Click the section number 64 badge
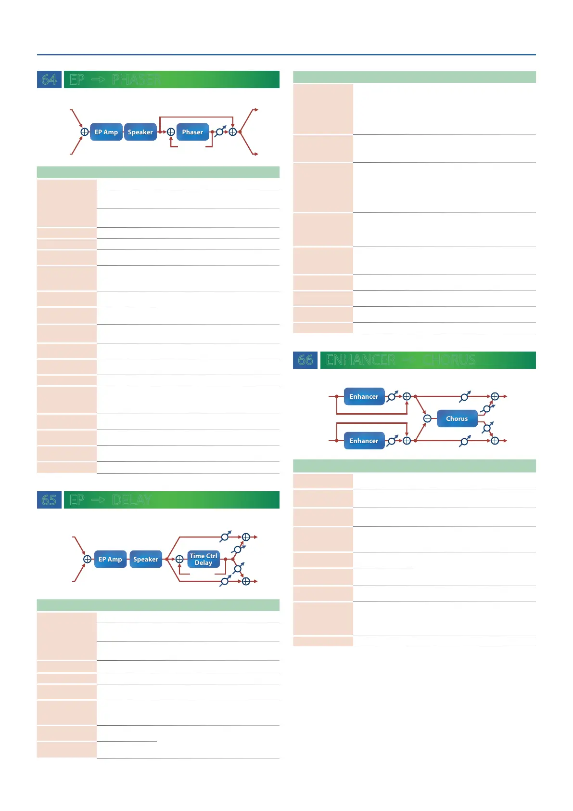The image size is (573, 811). coord(49,79)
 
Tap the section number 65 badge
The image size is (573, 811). coord(49,500)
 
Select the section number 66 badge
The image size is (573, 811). coord(305,360)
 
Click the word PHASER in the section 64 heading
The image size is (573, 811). coord(136,79)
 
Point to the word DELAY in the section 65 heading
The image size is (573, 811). coord(132,500)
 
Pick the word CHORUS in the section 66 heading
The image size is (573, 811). coord(449,360)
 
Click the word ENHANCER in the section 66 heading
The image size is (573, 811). coord(360,360)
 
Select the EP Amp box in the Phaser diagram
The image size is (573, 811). coord(106,132)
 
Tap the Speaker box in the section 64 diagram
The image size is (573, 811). coord(140,132)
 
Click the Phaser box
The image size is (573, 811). coord(192,132)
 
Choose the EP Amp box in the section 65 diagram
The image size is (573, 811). coord(110,559)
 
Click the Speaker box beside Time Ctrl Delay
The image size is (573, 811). coord(145,559)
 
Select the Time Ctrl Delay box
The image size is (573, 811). coord(204,559)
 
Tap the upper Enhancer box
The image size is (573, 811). coord(364,396)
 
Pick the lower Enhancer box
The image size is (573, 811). coord(364,441)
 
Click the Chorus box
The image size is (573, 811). coord(457,419)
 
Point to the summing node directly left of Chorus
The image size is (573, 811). coord(427,419)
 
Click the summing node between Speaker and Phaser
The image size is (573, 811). coord(171,132)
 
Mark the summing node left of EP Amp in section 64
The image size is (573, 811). coord(85,132)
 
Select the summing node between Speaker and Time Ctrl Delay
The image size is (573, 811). coord(179,559)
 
